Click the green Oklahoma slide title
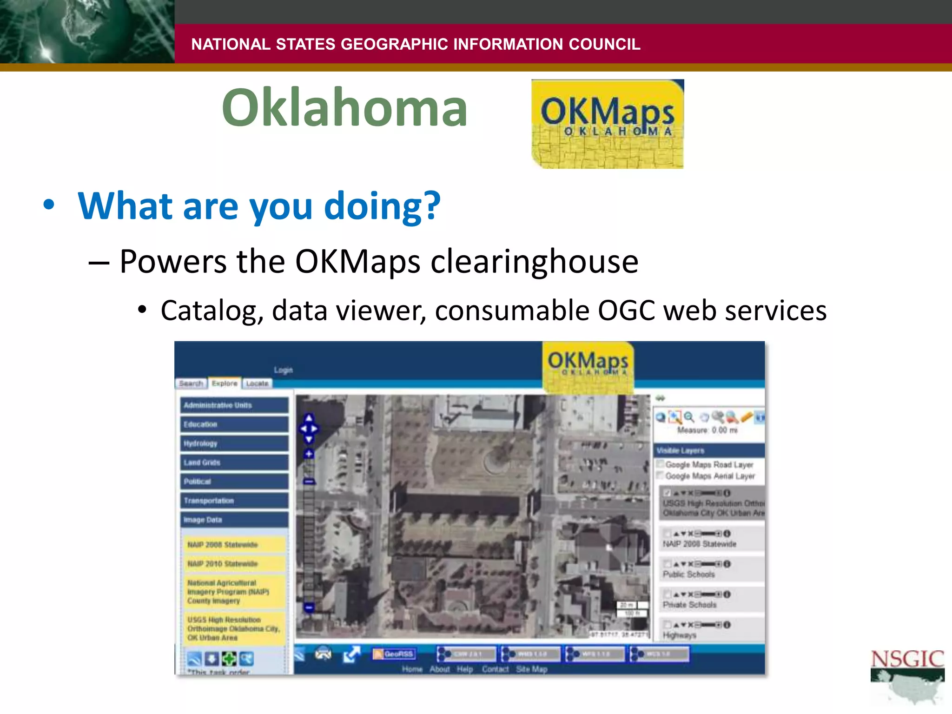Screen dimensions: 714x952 click(344, 108)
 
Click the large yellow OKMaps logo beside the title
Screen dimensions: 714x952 click(607, 124)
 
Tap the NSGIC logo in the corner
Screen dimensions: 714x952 click(907, 676)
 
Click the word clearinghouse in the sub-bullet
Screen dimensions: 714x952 click(534, 262)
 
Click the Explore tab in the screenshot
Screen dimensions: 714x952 click(225, 383)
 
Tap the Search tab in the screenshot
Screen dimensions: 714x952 click(191, 383)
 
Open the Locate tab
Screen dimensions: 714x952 click(257, 383)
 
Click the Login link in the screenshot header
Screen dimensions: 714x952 click(283, 370)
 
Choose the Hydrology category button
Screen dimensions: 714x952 click(234, 443)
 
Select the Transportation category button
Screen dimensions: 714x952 click(234, 501)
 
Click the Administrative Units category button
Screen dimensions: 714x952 click(234, 405)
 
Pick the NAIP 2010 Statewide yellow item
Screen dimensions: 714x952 click(234, 563)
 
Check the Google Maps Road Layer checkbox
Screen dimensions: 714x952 click(660, 464)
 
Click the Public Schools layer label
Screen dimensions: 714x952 click(688, 575)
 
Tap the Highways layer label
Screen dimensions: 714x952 click(679, 635)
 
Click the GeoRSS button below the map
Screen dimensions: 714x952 click(394, 654)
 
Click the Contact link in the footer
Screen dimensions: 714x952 click(495, 669)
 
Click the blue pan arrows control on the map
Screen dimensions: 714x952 click(309, 429)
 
